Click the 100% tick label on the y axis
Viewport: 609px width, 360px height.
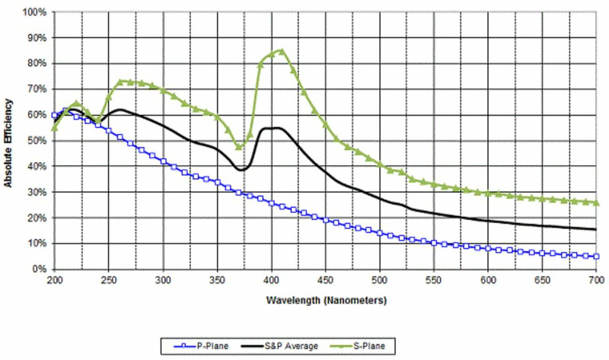(36, 12)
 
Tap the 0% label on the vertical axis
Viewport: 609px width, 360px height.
(41, 269)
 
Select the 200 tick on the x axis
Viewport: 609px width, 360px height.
(54, 280)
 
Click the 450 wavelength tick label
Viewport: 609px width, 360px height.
(326, 280)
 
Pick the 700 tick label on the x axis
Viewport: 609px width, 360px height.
(597, 280)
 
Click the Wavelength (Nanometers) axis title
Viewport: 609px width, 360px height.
(326, 300)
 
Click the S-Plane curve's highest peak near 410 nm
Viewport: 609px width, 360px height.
(282, 51)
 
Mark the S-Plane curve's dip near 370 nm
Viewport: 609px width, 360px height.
(239, 146)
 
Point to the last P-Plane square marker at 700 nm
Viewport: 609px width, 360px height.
(597, 256)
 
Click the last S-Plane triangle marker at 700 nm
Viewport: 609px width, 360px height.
(597, 202)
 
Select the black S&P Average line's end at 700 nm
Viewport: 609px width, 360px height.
(597, 229)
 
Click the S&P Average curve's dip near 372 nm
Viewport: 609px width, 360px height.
(241, 170)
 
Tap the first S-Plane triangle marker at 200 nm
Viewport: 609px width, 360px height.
(54, 128)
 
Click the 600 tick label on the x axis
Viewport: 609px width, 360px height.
(489, 280)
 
